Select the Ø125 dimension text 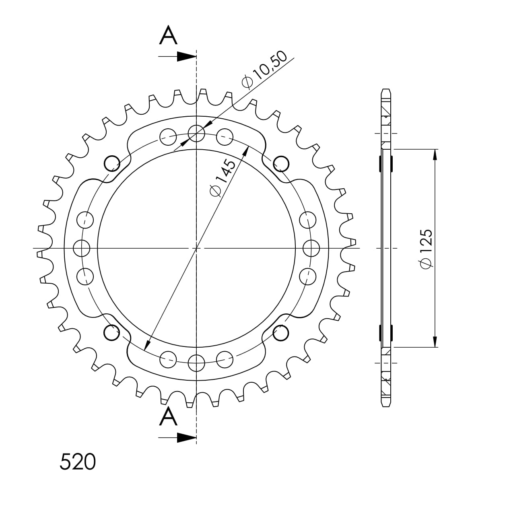[426, 249]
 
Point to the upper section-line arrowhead [187, 56]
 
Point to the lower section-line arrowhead [187, 438]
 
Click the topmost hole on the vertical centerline [196, 133]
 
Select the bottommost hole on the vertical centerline [196, 363]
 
